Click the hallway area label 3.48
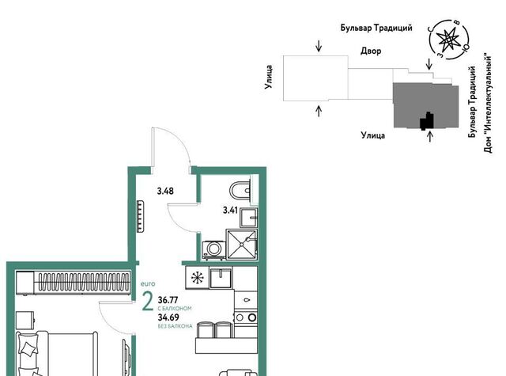[165, 192]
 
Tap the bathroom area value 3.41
[230, 211]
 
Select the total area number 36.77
[168, 300]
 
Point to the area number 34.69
[168, 317]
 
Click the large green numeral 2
[148, 301]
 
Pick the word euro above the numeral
[148, 284]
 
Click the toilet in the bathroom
[240, 190]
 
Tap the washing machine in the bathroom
[213, 249]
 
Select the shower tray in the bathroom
[242, 245]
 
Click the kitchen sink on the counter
[221, 278]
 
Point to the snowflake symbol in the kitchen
[197, 278]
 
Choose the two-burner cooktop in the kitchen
[246, 317]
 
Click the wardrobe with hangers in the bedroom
[74, 283]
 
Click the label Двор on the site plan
[371, 51]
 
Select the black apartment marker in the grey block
[427, 121]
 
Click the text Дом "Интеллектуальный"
[488, 103]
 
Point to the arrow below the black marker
[429, 136]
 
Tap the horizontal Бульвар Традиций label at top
[376, 28]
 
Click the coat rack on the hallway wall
[141, 216]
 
